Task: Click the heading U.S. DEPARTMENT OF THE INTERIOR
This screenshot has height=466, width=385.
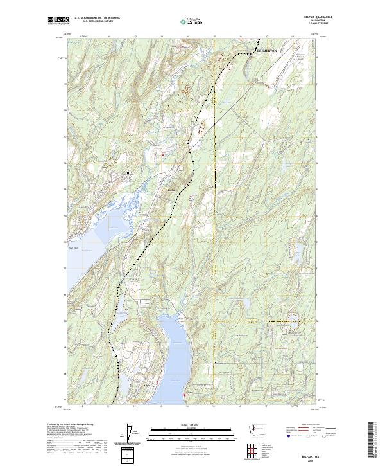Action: coord(97,17)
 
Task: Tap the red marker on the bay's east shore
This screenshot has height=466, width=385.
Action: coord(185,395)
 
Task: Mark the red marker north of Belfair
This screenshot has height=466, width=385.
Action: coord(163,154)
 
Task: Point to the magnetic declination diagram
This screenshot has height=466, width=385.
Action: coord(132,435)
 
